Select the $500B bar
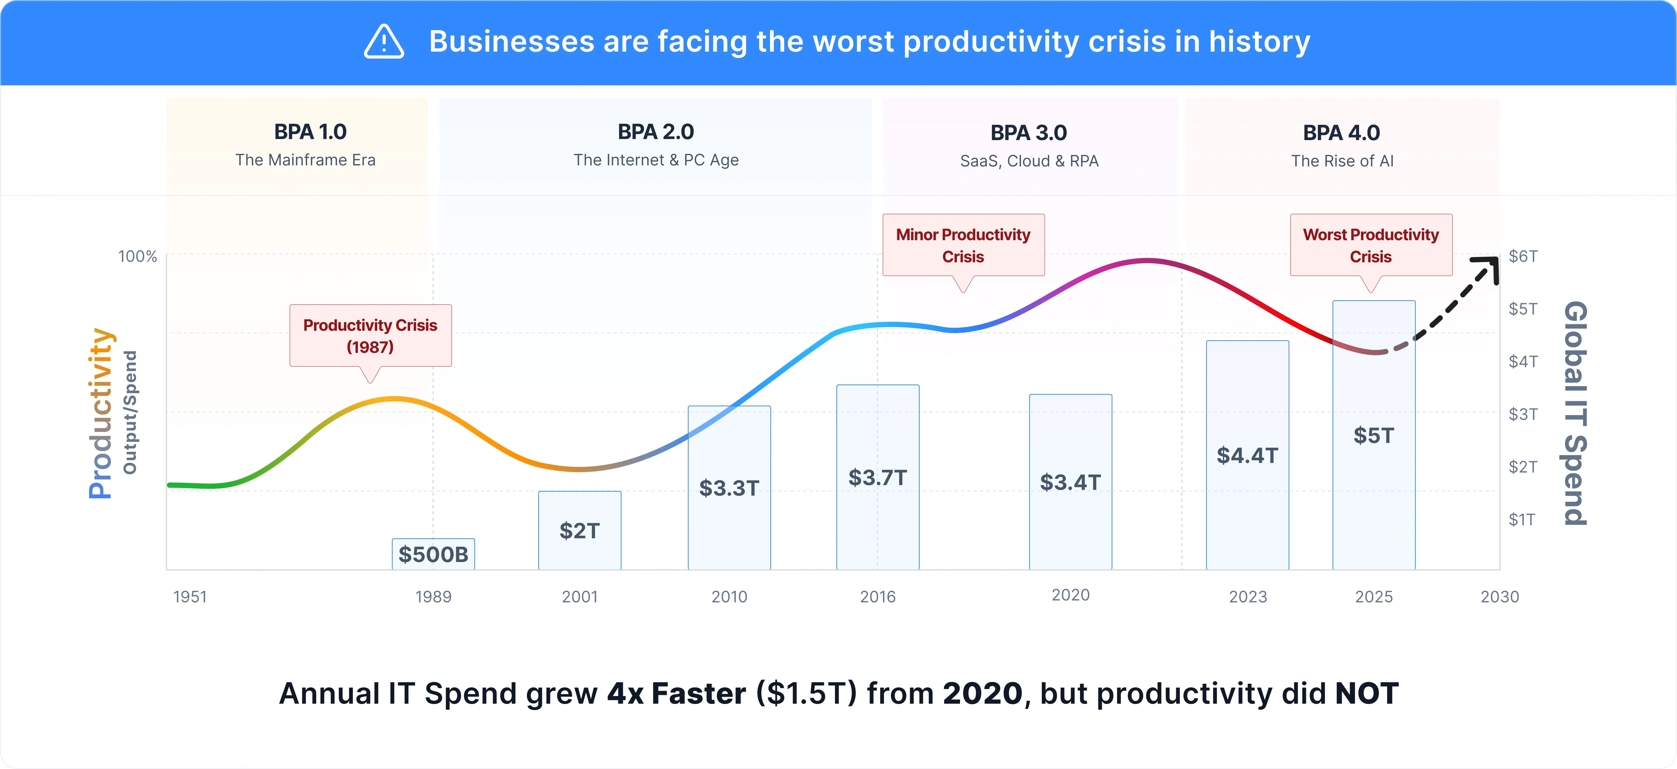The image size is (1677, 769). [x=433, y=554]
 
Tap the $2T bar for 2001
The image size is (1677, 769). [x=579, y=530]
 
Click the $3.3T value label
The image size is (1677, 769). [x=729, y=488]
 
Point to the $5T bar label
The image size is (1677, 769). [x=1374, y=435]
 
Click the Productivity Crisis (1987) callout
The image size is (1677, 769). [x=371, y=335]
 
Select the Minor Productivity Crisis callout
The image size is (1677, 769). [x=964, y=245]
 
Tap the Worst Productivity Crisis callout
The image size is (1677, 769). [x=1371, y=245]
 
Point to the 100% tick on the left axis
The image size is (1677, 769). [x=137, y=256]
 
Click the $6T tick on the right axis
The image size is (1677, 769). [x=1523, y=256]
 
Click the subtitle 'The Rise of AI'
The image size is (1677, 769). [x=1342, y=161]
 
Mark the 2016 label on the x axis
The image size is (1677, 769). [x=877, y=597]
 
